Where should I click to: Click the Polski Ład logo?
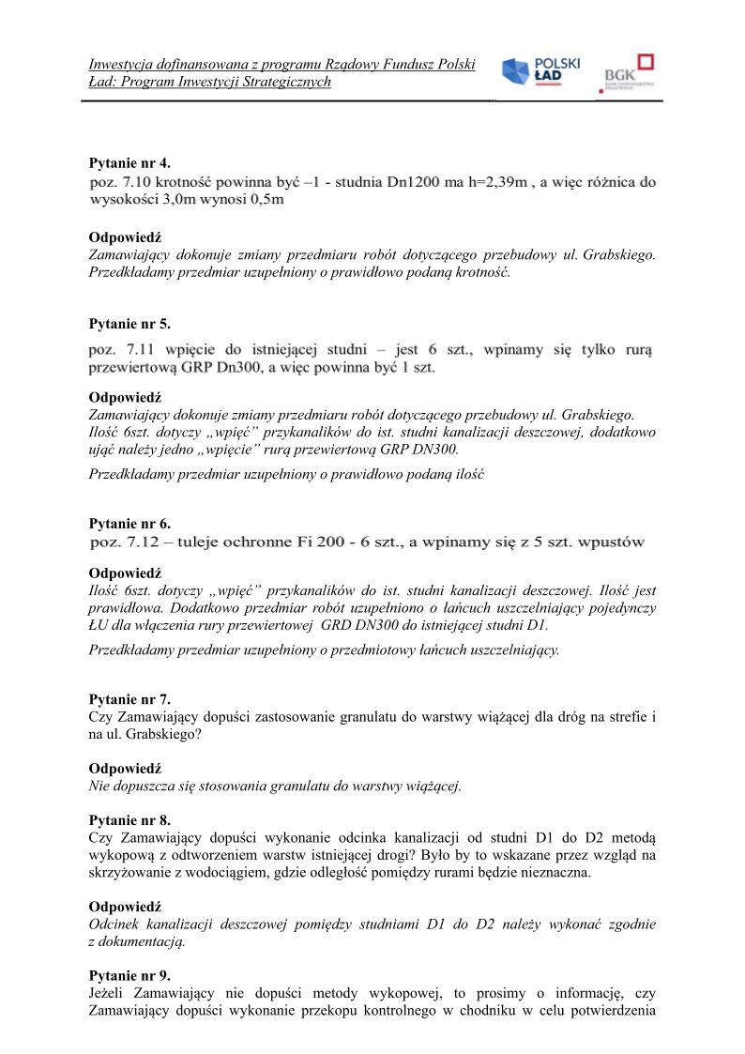click(x=540, y=72)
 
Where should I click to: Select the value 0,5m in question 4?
click(x=265, y=199)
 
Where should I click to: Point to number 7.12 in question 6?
click(x=137, y=542)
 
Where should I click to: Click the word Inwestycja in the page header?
click(x=124, y=65)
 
